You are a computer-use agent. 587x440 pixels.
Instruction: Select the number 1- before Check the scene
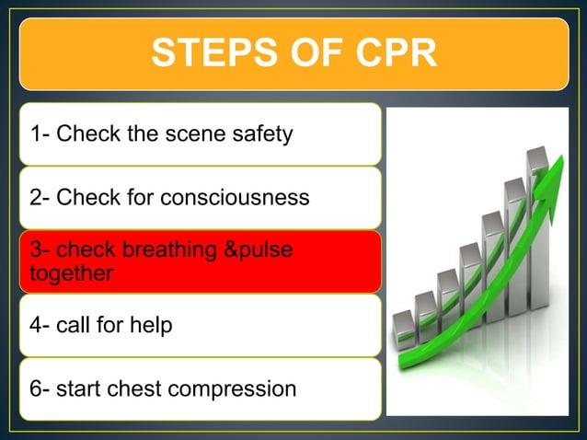[40, 134]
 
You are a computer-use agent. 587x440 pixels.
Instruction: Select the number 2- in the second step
[40, 198]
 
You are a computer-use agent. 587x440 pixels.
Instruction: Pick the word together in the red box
[72, 273]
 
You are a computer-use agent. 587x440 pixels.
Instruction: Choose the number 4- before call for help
[40, 325]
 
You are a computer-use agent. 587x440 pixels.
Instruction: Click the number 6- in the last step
[40, 388]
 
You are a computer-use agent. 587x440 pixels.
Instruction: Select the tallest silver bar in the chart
[538, 230]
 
